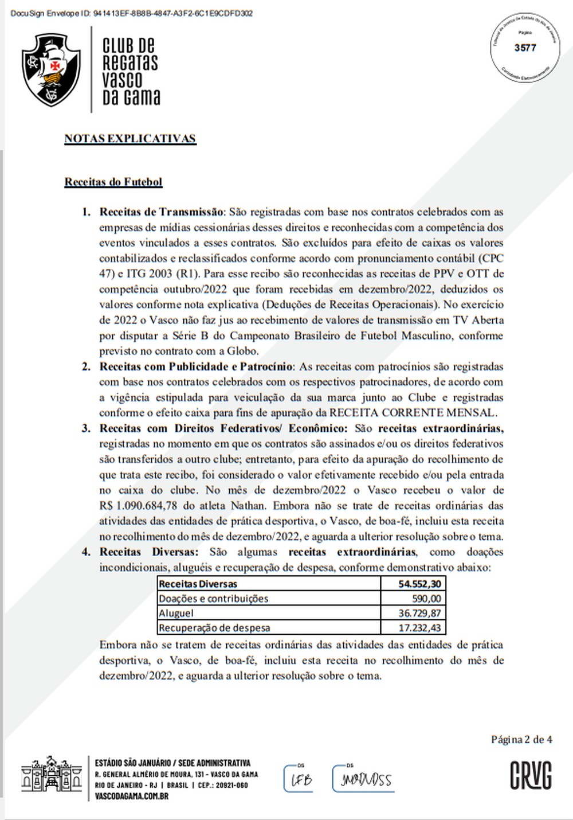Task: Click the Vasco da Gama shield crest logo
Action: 50,70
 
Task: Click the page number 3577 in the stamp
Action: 525,48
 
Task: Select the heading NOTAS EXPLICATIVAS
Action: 130,139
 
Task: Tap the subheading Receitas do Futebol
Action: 113,182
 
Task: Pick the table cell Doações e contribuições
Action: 213,599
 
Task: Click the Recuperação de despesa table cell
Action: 214,628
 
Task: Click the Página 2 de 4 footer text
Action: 521,740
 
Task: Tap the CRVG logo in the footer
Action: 531,776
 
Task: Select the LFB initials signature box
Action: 299,779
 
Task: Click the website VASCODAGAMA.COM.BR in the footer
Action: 131,796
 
